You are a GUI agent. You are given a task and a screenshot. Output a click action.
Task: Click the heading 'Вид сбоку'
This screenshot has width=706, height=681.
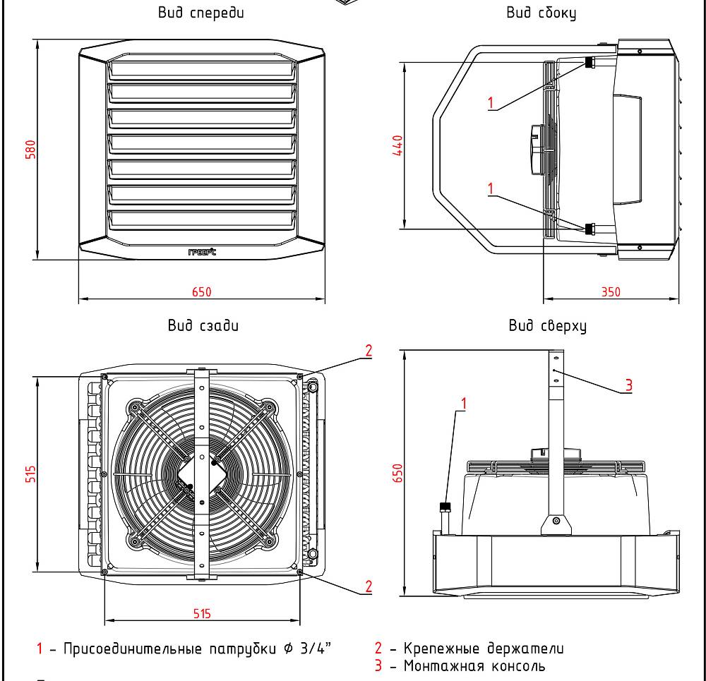541,13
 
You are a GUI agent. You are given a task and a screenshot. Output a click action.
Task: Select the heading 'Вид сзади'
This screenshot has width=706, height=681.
203,325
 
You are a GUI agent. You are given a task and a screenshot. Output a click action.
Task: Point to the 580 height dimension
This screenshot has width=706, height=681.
30,150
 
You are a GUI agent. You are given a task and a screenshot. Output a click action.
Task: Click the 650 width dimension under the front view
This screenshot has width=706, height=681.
202,291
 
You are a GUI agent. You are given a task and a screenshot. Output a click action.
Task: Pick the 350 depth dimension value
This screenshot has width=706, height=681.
611,291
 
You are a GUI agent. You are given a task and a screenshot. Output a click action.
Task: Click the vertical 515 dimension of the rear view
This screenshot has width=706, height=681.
30,473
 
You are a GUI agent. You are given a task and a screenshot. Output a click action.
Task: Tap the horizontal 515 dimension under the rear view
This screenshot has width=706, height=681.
202,614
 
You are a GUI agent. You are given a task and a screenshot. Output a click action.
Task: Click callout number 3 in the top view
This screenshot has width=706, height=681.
628,385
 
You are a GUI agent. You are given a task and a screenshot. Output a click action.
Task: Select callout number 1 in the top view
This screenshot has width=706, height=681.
464,403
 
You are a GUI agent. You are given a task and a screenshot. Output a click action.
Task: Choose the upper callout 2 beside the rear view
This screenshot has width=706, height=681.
368,350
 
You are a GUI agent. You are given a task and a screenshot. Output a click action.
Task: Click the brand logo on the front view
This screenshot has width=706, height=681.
202,252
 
